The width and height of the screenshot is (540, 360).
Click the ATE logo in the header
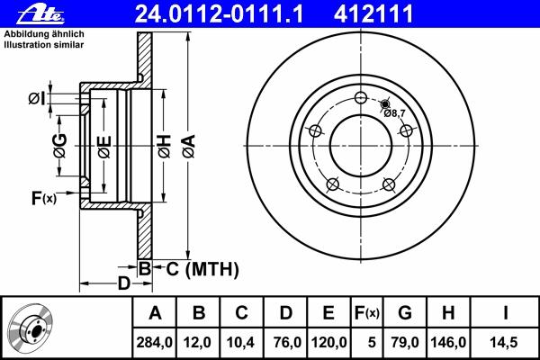(40, 14)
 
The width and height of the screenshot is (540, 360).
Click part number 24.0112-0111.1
(219, 14)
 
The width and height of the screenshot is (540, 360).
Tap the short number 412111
(373, 14)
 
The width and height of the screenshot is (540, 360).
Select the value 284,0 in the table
(154, 342)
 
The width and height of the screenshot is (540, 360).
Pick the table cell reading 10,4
(240, 342)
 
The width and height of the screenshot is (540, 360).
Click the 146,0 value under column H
(448, 342)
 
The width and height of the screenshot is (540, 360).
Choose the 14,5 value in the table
(504, 342)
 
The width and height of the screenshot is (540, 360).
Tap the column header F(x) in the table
(367, 313)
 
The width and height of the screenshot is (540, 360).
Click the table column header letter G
(405, 313)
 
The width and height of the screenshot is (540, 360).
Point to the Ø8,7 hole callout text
(394, 113)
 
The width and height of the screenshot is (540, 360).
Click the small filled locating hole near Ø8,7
(385, 103)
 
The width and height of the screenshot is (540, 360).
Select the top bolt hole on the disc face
(361, 98)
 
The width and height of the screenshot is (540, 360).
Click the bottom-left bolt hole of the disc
(332, 184)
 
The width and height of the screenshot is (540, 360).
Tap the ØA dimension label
(189, 146)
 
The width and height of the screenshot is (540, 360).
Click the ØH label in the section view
(165, 146)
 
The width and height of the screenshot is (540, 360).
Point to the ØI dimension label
(37, 99)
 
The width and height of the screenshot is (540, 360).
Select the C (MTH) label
(202, 269)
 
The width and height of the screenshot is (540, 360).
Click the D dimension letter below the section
(124, 283)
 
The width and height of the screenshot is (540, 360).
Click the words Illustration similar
(44, 45)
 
